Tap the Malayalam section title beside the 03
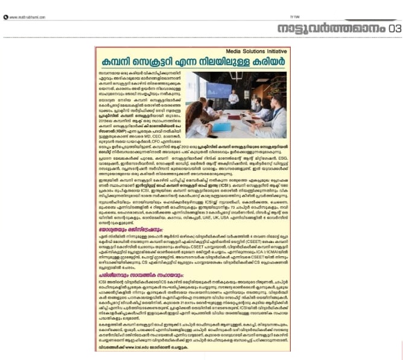coord(331,28)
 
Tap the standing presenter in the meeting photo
coord(233,97)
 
